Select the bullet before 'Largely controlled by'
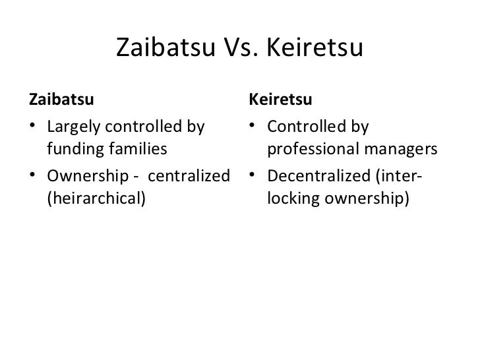[33, 127]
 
